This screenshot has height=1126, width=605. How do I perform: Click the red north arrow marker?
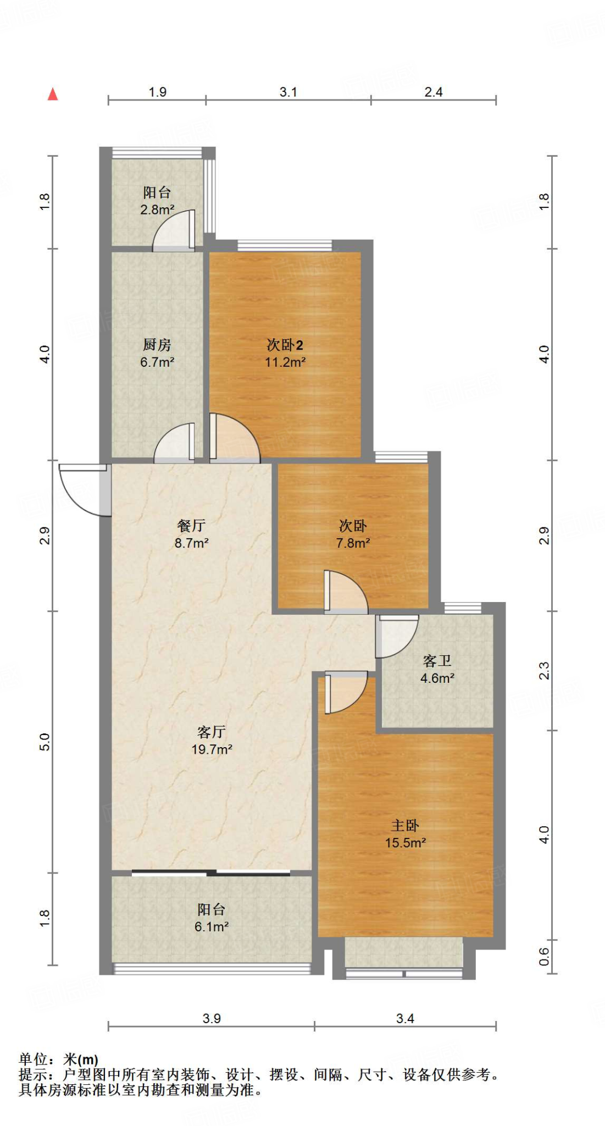point(53,94)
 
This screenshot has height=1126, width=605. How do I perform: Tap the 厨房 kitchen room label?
point(157,345)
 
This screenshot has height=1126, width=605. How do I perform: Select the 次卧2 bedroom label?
point(285,345)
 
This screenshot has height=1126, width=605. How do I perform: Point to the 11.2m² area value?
point(285,362)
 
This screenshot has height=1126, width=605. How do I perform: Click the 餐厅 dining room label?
point(191,526)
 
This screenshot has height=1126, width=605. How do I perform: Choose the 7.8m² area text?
point(353,543)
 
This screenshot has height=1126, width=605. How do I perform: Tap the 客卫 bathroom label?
point(437,661)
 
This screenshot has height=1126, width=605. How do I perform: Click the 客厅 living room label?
point(212,732)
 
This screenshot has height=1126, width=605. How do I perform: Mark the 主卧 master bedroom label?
point(406,825)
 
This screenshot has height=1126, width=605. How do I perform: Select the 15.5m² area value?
point(406,843)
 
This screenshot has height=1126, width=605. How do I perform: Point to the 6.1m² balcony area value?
point(212,926)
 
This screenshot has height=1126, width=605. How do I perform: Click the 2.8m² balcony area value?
point(157,209)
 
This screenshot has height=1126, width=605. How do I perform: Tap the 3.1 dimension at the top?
point(288,92)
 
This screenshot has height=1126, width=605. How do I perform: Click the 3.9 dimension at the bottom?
point(212,1018)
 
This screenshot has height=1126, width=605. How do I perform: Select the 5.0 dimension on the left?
point(45,742)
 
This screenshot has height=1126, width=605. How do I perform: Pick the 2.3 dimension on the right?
point(544,671)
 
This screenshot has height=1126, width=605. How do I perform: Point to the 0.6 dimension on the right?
point(544,957)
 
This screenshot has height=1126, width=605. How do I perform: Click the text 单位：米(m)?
point(59,1059)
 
